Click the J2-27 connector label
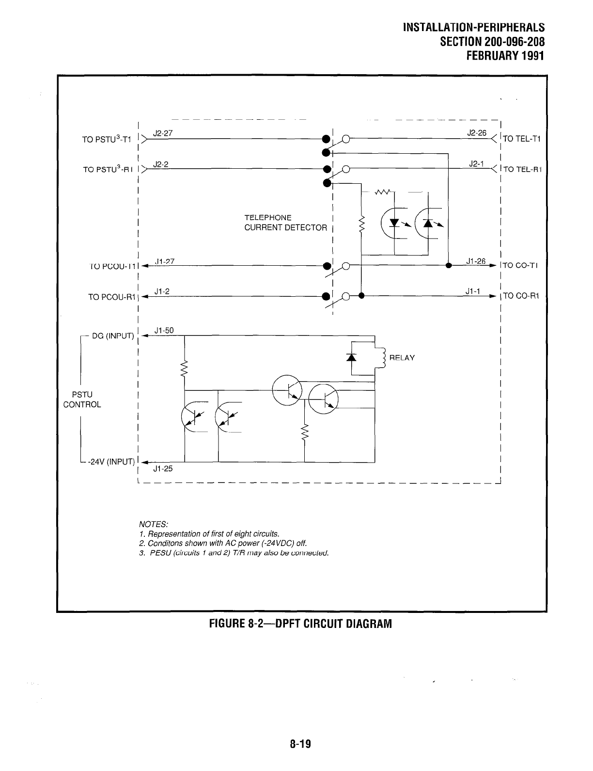160,133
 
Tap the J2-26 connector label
476,132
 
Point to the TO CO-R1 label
521,296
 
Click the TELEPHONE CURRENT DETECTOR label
285,223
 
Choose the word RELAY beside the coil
402,358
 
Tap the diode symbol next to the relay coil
352,357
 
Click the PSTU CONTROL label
82,400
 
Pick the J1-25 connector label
163,469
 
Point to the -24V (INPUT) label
110,462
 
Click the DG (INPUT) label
113,336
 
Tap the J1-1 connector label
472,291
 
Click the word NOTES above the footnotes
153,524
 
